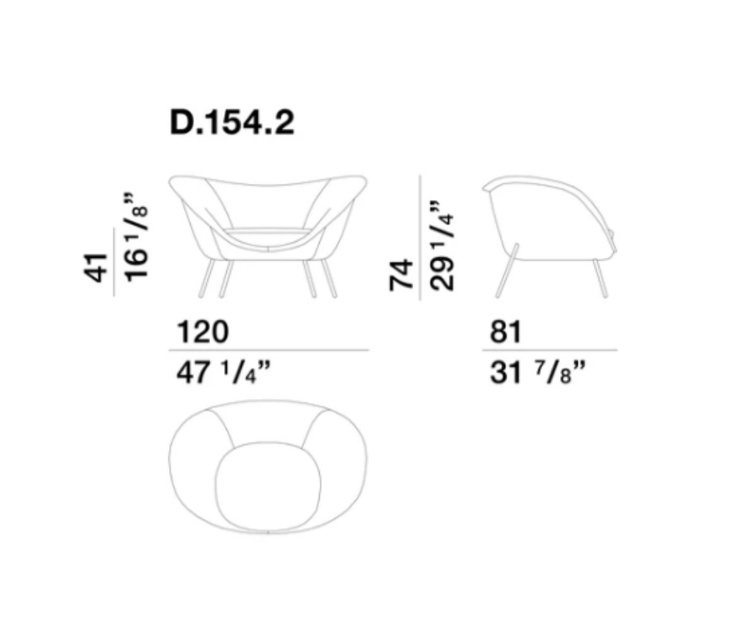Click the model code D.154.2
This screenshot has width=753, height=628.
232,123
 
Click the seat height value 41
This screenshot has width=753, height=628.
95,267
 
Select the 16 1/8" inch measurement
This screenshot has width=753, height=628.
136,237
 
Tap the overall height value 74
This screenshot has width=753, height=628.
401,275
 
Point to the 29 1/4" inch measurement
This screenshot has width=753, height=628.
442,246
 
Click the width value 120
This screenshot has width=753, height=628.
202,332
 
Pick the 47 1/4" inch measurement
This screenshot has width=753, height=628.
224,373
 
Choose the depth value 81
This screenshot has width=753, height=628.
505,332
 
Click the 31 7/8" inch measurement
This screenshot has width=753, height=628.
538,373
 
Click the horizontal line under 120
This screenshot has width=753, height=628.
269,350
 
